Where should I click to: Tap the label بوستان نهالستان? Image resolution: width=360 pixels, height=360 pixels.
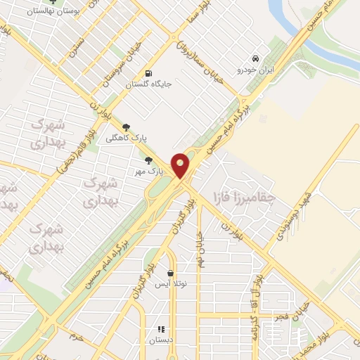(x=51, y=13)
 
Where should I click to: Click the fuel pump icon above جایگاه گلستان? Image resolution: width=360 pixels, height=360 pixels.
(x=148, y=73)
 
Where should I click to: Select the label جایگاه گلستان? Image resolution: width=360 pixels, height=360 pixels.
(x=149, y=84)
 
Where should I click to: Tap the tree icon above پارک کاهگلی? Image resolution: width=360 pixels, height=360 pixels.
(x=127, y=127)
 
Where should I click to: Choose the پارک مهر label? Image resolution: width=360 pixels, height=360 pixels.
(x=150, y=171)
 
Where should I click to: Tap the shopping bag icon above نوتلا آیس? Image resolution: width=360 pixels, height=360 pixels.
(x=170, y=274)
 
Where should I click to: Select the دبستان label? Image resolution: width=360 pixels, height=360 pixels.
(x=160, y=340)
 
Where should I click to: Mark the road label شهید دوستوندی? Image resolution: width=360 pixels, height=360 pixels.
(x=288, y=215)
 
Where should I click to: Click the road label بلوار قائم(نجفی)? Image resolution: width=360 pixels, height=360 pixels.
(x=72, y=150)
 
